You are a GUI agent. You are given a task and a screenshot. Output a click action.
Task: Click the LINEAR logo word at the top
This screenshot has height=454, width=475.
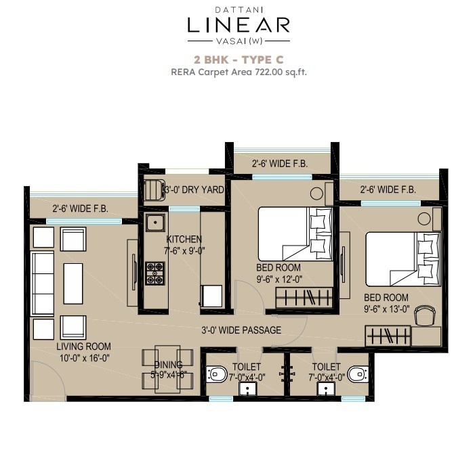click(x=239, y=25)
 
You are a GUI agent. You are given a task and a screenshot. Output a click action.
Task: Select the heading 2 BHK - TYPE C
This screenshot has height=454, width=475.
click(x=239, y=60)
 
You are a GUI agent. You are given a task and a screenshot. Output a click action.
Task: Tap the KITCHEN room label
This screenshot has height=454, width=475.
click(x=184, y=240)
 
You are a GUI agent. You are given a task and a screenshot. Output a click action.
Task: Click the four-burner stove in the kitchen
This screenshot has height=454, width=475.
click(x=155, y=273)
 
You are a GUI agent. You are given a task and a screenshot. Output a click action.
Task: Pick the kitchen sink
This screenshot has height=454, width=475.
click(x=155, y=223)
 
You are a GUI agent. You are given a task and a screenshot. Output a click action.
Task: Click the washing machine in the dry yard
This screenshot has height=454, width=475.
click(x=154, y=190)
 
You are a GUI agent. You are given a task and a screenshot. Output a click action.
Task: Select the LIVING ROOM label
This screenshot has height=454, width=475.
click(x=83, y=346)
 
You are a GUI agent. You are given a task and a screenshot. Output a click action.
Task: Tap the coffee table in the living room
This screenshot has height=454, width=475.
click(x=73, y=283)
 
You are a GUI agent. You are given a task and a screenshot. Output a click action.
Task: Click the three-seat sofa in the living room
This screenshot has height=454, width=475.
click(x=43, y=283)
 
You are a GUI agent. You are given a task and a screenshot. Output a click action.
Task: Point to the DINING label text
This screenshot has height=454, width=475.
click(x=169, y=365)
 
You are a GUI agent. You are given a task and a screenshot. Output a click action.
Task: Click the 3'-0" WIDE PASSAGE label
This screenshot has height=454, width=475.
click(x=241, y=330)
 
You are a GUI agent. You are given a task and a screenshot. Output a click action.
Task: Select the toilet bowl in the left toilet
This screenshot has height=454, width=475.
click(x=217, y=374)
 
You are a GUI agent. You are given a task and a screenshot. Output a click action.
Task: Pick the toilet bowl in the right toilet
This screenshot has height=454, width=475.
click(x=358, y=374)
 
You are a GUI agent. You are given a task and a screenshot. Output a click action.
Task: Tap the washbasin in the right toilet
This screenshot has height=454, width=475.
click(x=326, y=389)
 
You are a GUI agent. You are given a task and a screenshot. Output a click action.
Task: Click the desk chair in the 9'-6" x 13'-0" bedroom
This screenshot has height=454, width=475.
click(x=424, y=315)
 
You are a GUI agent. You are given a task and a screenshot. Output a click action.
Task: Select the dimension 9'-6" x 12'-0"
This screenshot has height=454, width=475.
click(x=279, y=279)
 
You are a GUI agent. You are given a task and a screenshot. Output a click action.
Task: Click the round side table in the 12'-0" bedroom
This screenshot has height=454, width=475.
click(x=316, y=194)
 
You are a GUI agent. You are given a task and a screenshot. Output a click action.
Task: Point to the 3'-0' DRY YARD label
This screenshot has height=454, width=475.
click(x=194, y=189)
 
